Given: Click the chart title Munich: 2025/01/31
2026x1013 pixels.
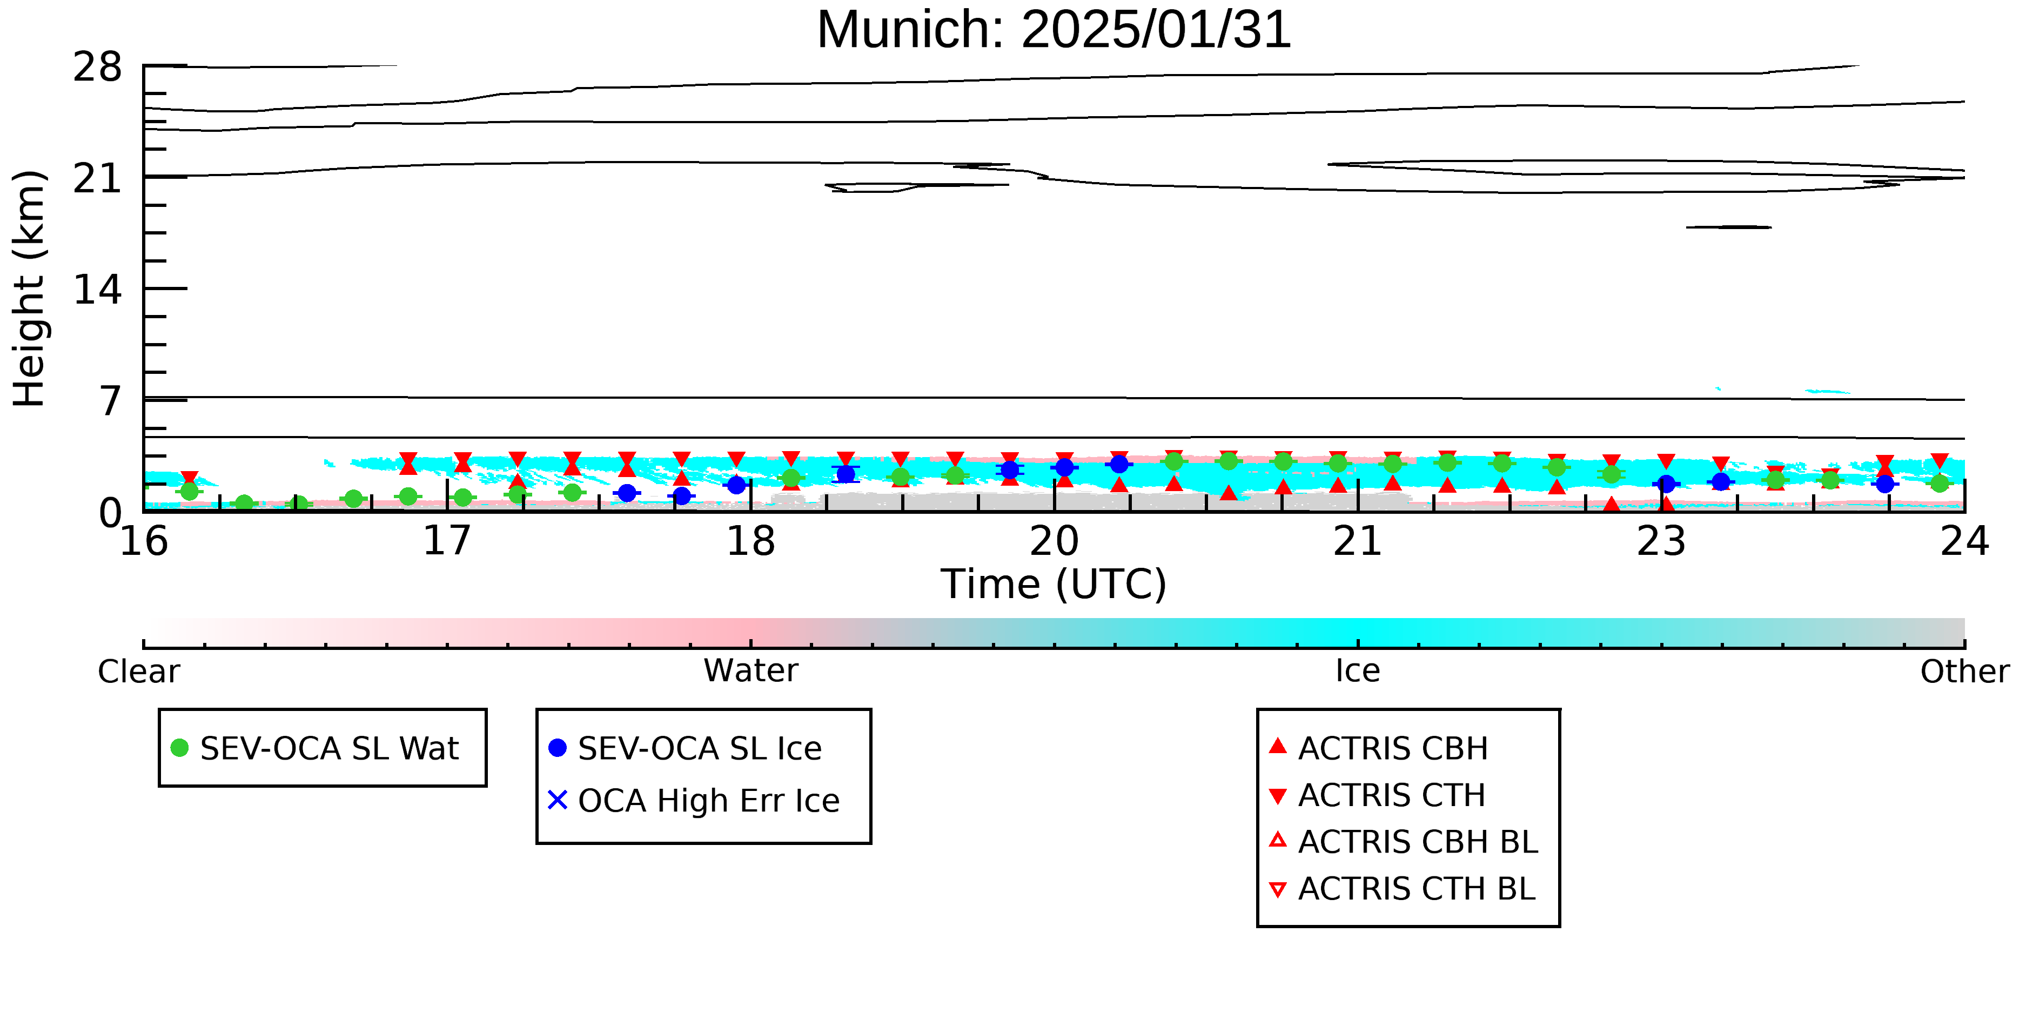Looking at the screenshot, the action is (1054, 30).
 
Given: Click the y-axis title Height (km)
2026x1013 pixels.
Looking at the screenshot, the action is (29, 289).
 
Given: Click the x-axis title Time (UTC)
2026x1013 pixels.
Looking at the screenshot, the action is (1054, 585).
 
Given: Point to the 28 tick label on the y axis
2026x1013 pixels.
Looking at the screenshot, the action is (98, 67).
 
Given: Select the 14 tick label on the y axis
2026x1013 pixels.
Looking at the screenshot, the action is (98, 290).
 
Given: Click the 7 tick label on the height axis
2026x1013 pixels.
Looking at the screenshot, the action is (111, 401).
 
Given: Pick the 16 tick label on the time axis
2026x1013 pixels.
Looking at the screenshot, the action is (144, 541).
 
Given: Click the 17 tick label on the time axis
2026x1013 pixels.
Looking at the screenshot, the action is (447, 541).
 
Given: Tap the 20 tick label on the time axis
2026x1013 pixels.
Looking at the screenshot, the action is (1054, 541).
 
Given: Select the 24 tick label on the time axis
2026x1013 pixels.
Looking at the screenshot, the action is (1964, 541).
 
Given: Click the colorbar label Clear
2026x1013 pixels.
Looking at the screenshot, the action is (138, 672).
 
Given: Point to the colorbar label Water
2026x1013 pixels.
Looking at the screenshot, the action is (751, 671).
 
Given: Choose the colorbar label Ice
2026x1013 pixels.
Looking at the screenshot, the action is (1358, 671).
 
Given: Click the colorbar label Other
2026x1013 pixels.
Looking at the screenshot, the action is (1964, 672).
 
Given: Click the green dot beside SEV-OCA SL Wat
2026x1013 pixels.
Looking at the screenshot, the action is (179, 748).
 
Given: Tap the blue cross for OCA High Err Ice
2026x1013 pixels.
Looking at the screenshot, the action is (558, 800).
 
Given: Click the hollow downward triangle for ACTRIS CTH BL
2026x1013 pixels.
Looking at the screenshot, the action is (1278, 889).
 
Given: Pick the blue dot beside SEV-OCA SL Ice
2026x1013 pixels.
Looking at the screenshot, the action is (558, 748).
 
